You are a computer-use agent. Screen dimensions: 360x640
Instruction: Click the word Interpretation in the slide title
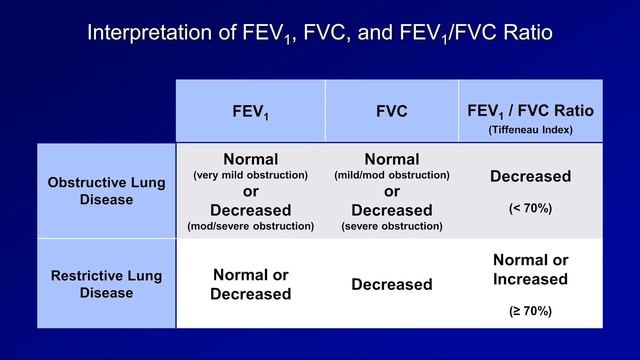click(x=145, y=33)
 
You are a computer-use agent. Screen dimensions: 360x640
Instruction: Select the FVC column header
click(x=391, y=111)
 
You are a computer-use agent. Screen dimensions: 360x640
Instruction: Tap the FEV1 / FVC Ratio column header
click(x=530, y=111)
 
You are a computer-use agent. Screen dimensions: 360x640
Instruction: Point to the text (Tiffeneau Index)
click(x=530, y=131)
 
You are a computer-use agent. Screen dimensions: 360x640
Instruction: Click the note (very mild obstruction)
click(x=250, y=175)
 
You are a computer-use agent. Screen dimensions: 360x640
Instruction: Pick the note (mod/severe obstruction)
click(x=250, y=226)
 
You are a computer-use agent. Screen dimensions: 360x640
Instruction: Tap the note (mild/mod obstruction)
click(x=391, y=175)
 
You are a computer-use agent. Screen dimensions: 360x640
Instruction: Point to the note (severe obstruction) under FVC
click(x=391, y=226)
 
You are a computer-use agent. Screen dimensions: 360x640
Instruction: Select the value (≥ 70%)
click(x=530, y=311)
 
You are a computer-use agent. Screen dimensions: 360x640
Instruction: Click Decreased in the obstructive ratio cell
click(x=530, y=177)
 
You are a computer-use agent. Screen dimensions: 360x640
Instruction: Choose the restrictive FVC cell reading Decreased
click(x=391, y=285)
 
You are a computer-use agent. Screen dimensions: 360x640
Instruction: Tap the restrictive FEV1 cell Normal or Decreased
click(x=250, y=284)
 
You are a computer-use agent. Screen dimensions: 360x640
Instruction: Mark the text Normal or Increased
click(x=530, y=269)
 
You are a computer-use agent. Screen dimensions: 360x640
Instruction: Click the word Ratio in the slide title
click(x=525, y=33)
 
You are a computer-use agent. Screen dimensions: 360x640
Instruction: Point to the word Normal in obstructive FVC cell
click(x=391, y=159)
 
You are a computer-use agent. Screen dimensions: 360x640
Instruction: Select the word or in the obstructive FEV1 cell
click(x=250, y=192)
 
